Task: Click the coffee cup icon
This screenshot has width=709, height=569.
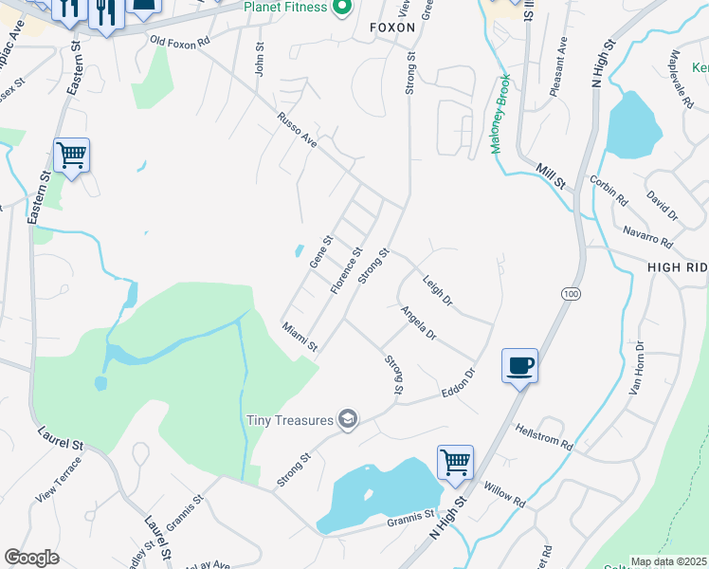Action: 519,366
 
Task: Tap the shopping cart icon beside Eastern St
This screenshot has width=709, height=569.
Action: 72,155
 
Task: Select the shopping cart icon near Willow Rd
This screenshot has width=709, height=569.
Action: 455,463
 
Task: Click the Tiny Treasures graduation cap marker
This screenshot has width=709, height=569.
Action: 348,420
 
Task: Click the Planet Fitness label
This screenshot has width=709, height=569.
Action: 284,8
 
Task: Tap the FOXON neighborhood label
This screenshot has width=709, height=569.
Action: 392,28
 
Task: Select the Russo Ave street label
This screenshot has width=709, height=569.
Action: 297,128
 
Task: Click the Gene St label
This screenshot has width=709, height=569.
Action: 322,250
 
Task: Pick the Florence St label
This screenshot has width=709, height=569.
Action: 346,270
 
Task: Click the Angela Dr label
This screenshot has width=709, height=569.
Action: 417,322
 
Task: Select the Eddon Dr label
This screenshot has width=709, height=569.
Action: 455,385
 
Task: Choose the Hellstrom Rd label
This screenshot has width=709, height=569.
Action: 544,436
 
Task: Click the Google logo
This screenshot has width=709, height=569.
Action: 31,558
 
